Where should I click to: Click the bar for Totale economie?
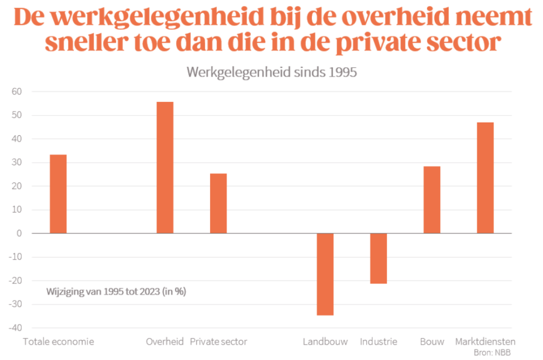point(58,194)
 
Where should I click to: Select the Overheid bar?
point(165,168)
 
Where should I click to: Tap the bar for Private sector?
point(218,204)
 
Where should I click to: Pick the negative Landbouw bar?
point(325,274)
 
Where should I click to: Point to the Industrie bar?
point(379,258)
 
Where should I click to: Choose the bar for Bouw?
point(432,200)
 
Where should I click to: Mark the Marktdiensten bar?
point(485,178)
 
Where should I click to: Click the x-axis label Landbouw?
point(325,341)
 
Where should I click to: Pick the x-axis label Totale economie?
point(58,341)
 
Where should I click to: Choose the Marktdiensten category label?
point(485,341)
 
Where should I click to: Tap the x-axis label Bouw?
point(432,341)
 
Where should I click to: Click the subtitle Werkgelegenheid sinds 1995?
point(271,72)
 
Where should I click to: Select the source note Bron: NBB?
point(493,352)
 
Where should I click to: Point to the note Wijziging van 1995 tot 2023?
point(116,291)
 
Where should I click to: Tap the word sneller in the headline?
point(87,43)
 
